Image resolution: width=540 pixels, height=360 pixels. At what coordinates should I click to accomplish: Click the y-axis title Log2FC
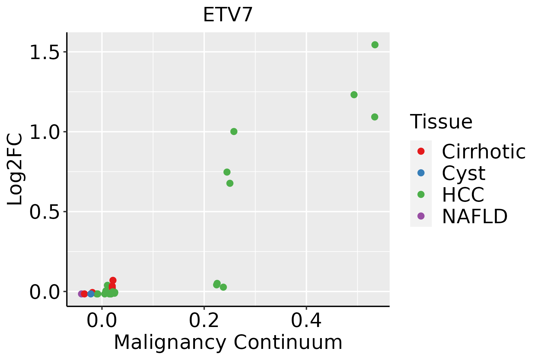click(15, 169)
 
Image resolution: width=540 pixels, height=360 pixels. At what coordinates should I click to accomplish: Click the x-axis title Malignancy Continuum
click(228, 342)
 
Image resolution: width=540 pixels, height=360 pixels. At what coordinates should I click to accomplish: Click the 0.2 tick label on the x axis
click(204, 321)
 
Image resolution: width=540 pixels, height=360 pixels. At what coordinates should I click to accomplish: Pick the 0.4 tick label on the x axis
click(306, 321)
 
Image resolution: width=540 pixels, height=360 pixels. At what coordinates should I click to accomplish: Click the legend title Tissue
click(441, 122)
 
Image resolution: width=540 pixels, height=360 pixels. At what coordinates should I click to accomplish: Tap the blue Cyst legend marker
click(421, 173)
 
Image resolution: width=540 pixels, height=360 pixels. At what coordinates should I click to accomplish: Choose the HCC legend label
click(463, 194)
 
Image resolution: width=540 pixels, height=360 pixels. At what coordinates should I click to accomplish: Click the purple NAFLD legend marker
click(421, 216)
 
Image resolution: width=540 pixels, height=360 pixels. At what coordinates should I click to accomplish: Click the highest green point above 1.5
click(375, 45)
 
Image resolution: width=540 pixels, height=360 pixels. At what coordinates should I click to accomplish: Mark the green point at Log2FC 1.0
click(234, 131)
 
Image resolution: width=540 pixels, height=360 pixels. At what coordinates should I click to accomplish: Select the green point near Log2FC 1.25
click(354, 95)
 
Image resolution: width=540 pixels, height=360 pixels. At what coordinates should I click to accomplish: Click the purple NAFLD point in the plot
click(81, 294)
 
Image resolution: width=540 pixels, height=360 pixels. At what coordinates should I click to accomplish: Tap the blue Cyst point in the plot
click(91, 294)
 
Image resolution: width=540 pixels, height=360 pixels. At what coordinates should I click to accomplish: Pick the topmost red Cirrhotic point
click(113, 280)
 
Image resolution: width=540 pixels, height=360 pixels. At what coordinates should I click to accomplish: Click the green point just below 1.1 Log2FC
click(374, 117)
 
